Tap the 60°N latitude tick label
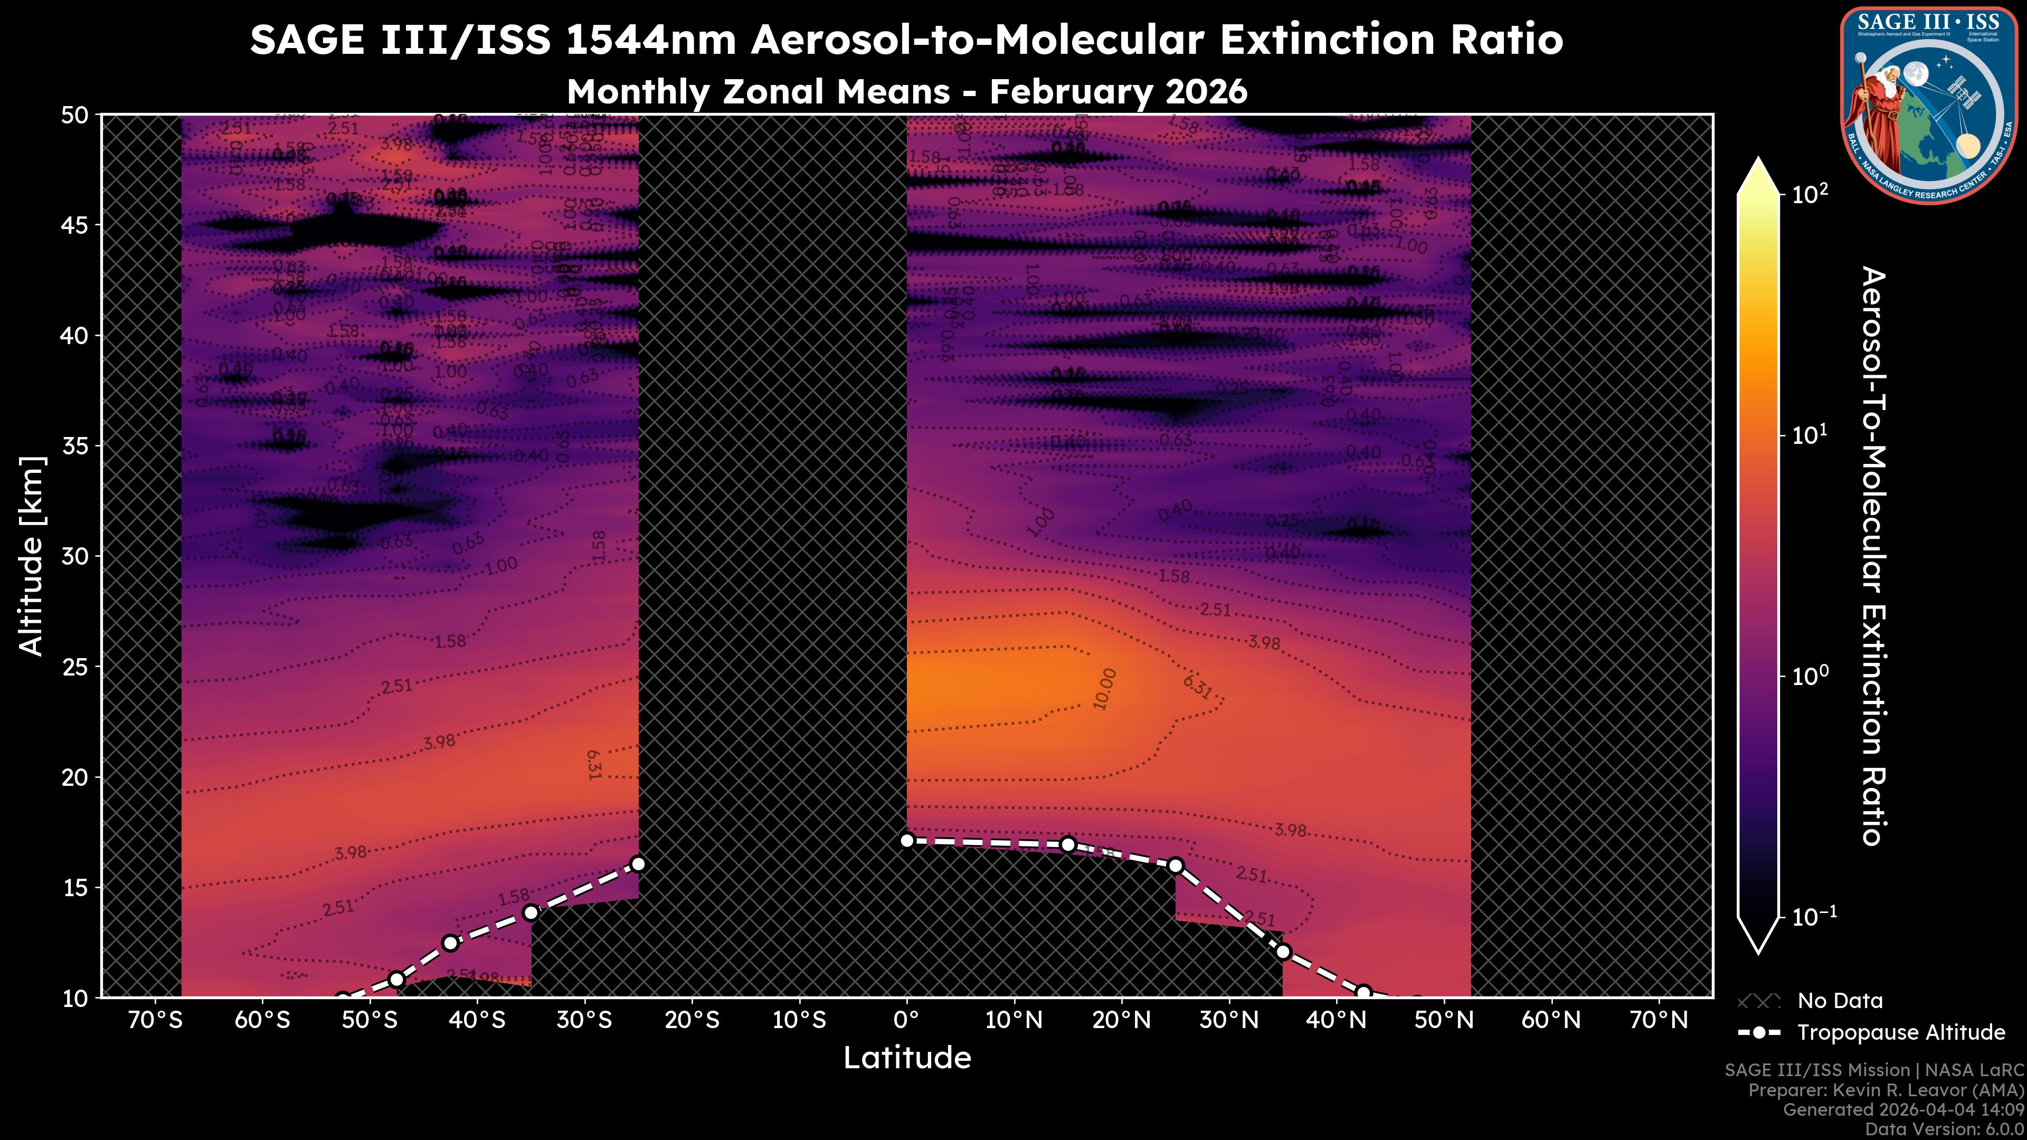tap(1551, 1020)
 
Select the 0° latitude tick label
tap(906, 1020)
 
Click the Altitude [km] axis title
tap(32, 555)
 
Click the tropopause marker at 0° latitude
tap(906, 841)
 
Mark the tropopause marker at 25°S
tap(638, 864)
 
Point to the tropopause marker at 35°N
tap(1283, 952)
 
